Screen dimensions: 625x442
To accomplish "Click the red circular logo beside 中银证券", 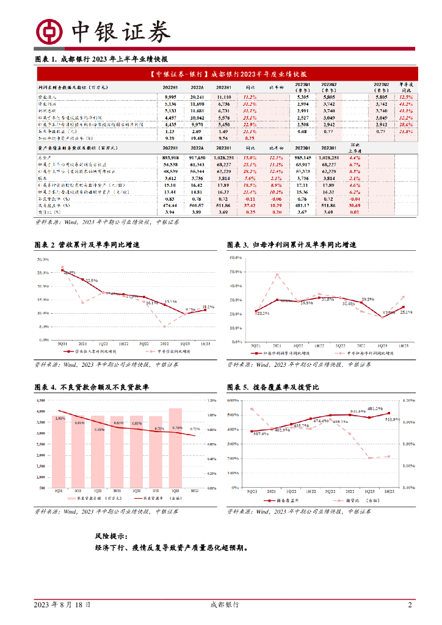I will coord(49,31).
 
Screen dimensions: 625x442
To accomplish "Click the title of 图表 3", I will coord(291,244).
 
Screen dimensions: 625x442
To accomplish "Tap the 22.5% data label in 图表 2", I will coord(91,280).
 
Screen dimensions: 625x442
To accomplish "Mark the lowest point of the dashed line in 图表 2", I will coord(164,327).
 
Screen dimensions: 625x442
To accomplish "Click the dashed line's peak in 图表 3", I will coord(277,275).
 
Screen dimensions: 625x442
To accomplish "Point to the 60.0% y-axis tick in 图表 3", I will coord(236,258).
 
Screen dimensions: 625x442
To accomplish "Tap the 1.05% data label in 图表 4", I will coord(59,418).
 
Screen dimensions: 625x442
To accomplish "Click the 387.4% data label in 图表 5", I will coord(261,433).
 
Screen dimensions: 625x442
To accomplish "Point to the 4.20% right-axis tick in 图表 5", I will coord(409,400).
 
